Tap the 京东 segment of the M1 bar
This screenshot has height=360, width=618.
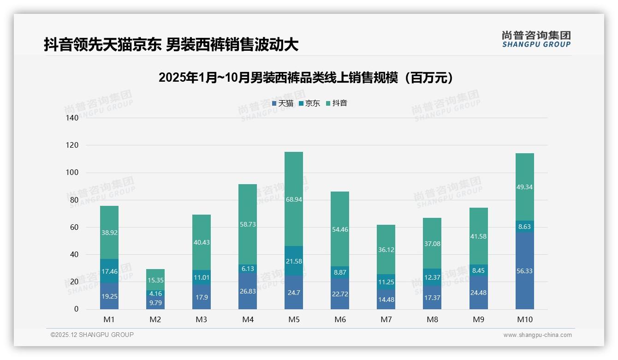click(109, 271)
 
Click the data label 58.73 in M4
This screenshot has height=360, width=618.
click(248, 224)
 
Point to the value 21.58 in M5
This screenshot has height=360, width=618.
click(294, 262)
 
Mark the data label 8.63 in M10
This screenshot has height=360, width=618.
click(524, 227)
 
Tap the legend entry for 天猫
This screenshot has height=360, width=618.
click(283, 103)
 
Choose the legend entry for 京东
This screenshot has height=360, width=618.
click(309, 103)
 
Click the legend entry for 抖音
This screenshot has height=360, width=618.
click(337, 103)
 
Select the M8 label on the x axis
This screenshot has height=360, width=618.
click(432, 319)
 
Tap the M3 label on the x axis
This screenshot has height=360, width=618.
click(202, 319)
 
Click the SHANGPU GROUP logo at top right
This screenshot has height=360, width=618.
click(536, 39)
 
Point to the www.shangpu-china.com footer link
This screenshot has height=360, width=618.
click(537, 335)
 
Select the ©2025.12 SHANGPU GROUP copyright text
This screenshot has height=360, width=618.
click(92, 335)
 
